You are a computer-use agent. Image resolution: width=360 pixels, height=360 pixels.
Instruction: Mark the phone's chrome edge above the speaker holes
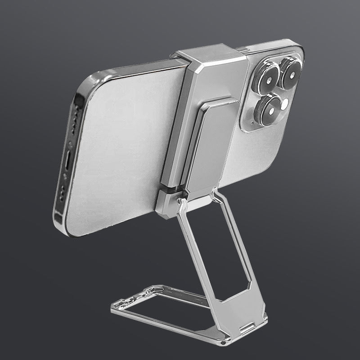pyautogui.click(x=85, y=90)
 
